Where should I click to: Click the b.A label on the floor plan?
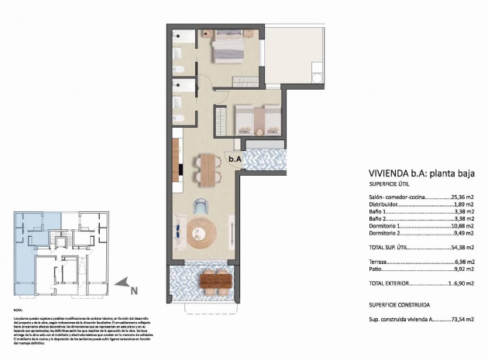(235, 159)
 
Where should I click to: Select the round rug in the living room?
(203, 231)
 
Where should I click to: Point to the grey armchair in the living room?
(201, 207)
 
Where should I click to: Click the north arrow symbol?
(122, 286)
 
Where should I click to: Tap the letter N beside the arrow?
(134, 291)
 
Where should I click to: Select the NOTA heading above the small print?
(17, 310)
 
